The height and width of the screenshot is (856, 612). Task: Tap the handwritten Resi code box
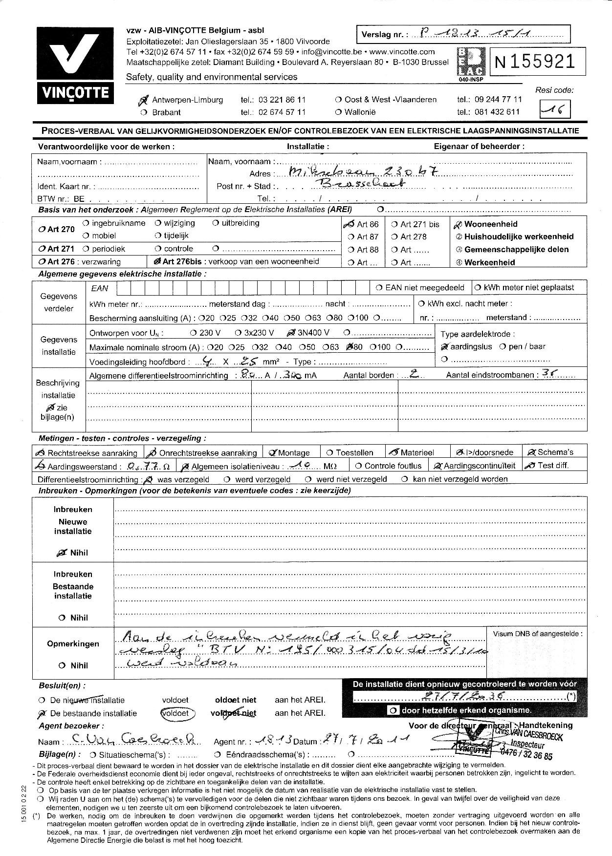pyautogui.click(x=554, y=109)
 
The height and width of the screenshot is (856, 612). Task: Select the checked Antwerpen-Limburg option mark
pyautogui.click(x=143, y=100)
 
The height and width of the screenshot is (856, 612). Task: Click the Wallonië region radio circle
pyautogui.click(x=338, y=112)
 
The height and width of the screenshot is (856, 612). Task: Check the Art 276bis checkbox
pyautogui.click(x=157, y=261)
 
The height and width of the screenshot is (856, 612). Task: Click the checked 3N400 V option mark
pyautogui.click(x=290, y=333)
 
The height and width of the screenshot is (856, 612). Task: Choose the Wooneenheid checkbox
pyautogui.click(x=458, y=225)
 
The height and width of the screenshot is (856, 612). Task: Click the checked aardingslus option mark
pyautogui.click(x=444, y=346)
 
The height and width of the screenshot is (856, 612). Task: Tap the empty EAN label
pyautogui.click(x=100, y=289)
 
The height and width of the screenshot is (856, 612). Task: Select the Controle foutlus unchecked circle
pyautogui.click(x=359, y=466)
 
